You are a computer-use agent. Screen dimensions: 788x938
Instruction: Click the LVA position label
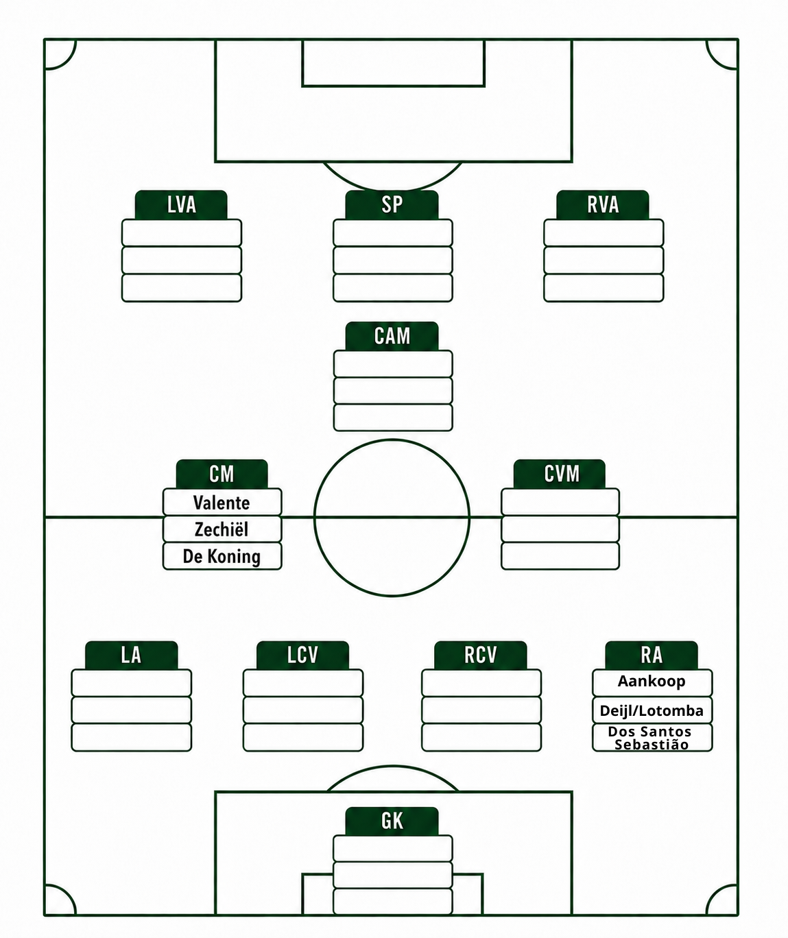(182, 205)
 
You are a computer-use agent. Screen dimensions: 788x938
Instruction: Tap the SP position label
(392, 205)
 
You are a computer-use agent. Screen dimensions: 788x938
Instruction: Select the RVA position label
(603, 205)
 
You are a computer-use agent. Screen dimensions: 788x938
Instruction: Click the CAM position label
(392, 336)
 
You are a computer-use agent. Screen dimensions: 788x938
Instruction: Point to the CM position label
(222, 474)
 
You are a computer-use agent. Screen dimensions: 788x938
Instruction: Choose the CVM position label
(562, 474)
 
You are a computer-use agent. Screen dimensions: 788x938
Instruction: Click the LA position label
(131, 656)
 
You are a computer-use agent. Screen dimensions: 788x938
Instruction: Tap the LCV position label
(303, 656)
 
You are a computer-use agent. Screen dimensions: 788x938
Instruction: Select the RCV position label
(481, 656)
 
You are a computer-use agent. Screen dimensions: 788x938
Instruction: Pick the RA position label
(652, 656)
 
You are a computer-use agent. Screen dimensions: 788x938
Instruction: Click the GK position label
(392, 821)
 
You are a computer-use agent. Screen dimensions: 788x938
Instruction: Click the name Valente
(222, 503)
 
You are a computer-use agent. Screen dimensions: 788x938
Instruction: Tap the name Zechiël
(222, 529)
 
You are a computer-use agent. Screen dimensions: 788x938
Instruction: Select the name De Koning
(222, 557)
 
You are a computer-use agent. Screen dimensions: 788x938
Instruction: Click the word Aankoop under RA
(652, 682)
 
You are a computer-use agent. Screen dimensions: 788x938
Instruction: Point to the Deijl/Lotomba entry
(652, 710)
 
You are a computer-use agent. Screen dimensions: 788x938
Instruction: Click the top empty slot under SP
(393, 232)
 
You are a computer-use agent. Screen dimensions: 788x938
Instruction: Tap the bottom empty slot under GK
(393, 901)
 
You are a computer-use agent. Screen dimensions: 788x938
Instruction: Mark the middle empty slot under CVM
(560, 529)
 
